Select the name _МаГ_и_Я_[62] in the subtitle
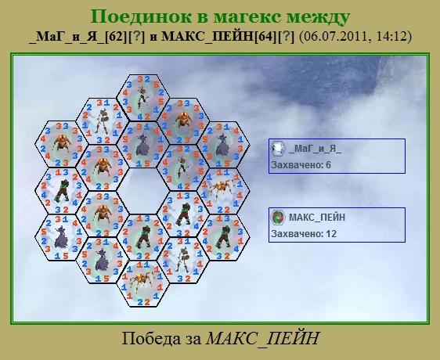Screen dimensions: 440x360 click(78, 37)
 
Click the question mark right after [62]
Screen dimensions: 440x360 click(136, 37)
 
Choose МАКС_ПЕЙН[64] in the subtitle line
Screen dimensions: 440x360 click(219, 37)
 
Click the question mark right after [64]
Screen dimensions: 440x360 click(286, 37)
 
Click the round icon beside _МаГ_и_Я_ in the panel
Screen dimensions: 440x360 click(278, 148)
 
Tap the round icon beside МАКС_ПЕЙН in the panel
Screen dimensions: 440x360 click(278, 218)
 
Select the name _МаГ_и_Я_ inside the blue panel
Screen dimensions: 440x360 click(315, 149)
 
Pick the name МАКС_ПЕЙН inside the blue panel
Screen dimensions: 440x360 click(317, 218)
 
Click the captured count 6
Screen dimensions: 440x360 click(328, 165)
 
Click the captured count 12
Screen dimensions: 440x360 click(331, 234)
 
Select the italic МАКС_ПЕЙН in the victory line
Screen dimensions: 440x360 click(262, 339)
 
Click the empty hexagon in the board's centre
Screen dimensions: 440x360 click(142, 191)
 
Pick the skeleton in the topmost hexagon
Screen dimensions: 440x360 click(142, 97)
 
